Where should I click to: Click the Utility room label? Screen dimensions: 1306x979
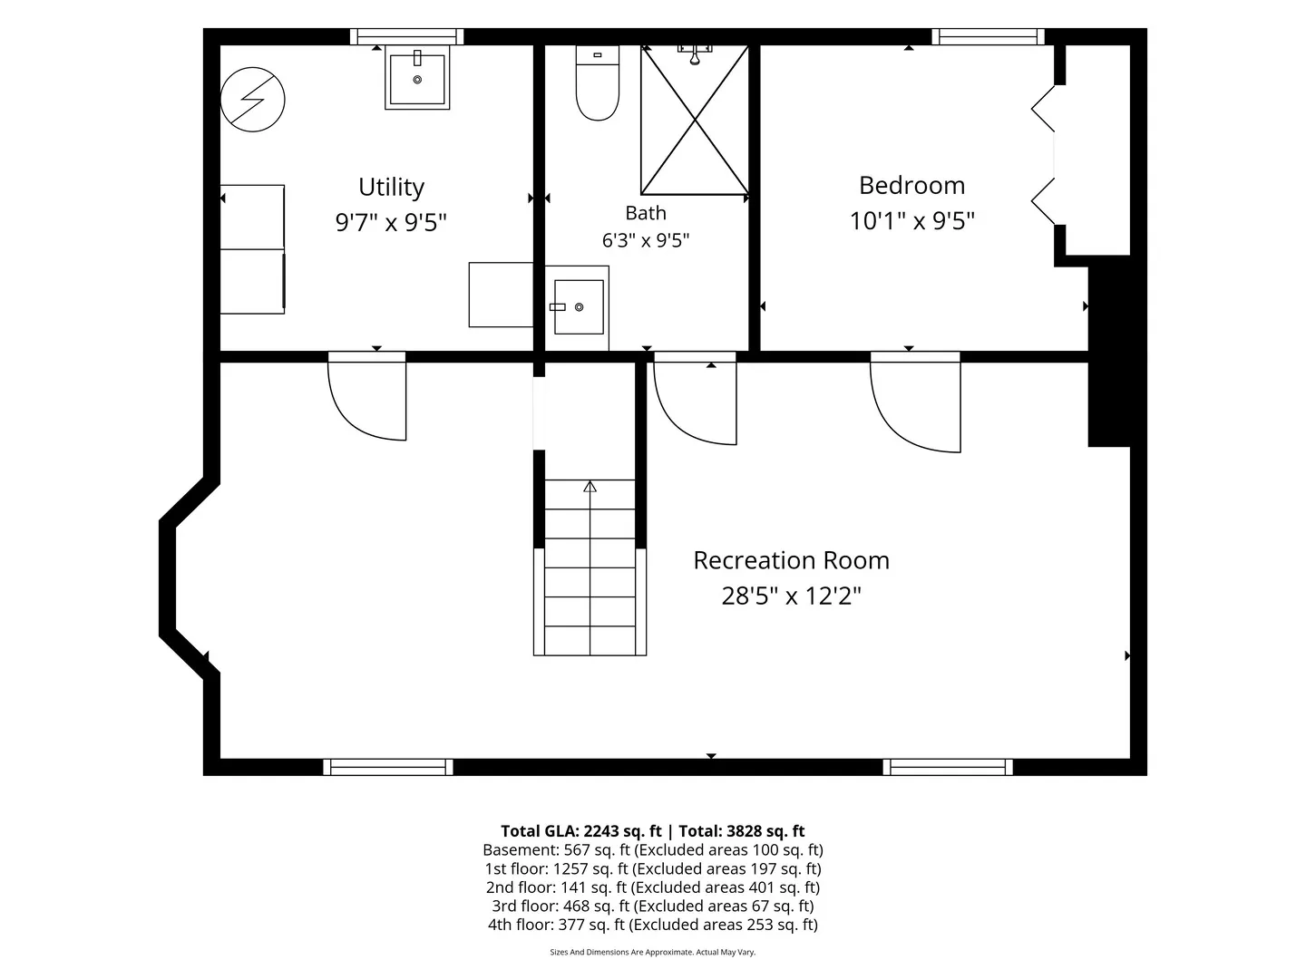[x=391, y=188]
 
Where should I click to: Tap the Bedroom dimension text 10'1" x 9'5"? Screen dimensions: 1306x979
[x=911, y=221]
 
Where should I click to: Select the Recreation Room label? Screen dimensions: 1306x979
[x=791, y=560]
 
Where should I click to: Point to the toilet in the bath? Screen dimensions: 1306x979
[x=598, y=83]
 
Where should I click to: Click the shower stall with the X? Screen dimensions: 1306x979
[x=695, y=120]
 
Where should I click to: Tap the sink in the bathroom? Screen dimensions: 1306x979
[x=578, y=307]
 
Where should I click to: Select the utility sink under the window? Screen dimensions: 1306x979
[x=417, y=78]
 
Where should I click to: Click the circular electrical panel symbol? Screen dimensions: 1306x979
[x=252, y=100]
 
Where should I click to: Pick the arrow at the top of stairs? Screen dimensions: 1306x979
[x=590, y=486]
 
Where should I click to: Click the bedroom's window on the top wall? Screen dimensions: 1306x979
[x=988, y=37]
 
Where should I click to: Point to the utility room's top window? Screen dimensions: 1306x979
[x=406, y=37]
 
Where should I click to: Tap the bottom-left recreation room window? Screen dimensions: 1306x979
[x=388, y=768]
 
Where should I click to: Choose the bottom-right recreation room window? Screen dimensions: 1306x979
[x=948, y=768]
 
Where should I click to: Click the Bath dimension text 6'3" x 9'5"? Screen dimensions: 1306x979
[x=646, y=241]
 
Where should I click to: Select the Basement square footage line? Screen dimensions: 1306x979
[x=653, y=850]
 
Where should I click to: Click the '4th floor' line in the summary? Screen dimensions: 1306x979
[x=653, y=925]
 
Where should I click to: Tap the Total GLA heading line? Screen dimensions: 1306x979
[x=653, y=831]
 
